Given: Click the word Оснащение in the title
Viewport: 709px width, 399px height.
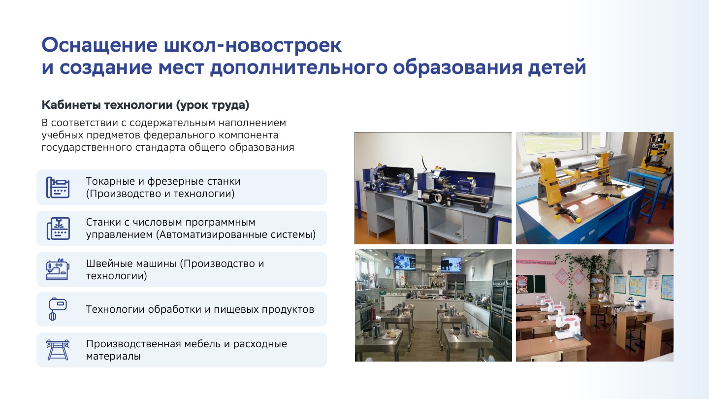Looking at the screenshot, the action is pos(99,45).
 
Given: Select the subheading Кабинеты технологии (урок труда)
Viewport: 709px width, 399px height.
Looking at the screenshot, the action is pos(145,105).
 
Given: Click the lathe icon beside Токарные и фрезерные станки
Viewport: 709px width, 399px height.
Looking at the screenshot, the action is pos(58,188).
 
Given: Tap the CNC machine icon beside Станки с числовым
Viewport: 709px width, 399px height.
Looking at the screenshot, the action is pos(58,229).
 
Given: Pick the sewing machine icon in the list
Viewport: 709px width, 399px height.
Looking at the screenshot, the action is pos(58,269).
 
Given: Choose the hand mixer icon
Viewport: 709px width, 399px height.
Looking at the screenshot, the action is pos(57,309).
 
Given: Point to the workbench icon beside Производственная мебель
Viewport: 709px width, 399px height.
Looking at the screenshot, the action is pos(58,350).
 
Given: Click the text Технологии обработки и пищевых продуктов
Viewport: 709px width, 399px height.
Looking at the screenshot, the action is pos(200,309).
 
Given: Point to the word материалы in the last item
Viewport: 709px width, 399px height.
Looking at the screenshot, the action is pos(113,356).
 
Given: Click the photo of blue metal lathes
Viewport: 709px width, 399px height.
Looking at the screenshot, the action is pos(433,188).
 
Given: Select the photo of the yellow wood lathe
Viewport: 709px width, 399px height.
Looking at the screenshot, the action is pos(595,188).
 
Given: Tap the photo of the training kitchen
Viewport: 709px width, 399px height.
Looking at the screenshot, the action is pos(433,305).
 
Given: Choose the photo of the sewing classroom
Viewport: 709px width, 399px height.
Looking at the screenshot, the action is pos(595,305).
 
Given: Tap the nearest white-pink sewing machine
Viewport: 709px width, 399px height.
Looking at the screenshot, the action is pos(569,327).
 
